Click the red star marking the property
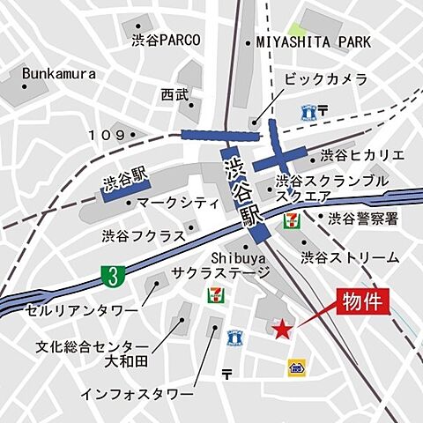click(281, 330)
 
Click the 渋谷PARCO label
click(166, 40)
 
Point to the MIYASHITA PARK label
click(314, 41)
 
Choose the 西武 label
click(174, 93)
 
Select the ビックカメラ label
click(325, 79)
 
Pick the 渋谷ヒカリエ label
click(362, 155)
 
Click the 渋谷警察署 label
click(363, 218)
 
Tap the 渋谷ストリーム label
click(350, 257)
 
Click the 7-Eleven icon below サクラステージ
click(213, 292)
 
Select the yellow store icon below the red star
click(295, 367)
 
